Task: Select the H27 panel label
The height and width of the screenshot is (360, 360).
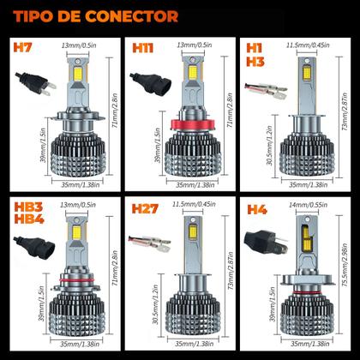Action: pos(144,208)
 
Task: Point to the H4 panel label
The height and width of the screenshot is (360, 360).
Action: pos(258,208)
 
